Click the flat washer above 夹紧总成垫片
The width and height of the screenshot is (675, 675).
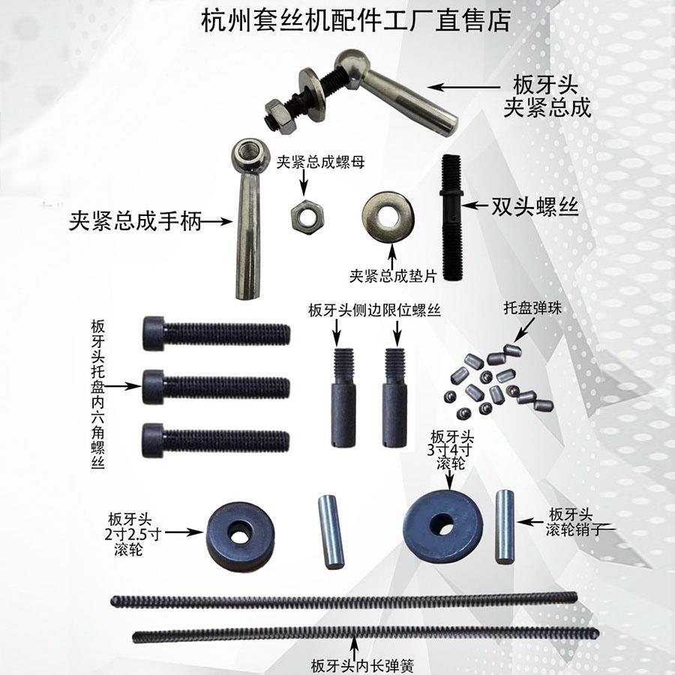388,216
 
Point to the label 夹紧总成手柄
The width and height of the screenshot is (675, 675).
135,222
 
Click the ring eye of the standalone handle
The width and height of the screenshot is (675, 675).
248,157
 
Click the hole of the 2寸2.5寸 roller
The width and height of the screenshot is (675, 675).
240,535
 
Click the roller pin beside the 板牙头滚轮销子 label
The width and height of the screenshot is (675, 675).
505,526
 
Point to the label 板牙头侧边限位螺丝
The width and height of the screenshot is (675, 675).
373,310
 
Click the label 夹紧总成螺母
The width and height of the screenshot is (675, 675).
320,162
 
